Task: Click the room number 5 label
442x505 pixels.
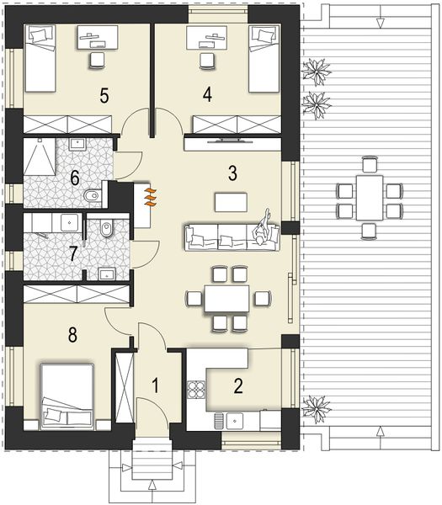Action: coord(104,95)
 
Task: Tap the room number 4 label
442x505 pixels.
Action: coord(207,94)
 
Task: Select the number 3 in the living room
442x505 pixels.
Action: coord(232,173)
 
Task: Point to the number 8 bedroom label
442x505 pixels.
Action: coord(72,335)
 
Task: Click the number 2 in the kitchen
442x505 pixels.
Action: coord(238,386)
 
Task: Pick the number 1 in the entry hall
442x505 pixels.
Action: coord(156,385)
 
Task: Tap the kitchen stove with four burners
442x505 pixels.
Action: coord(196,389)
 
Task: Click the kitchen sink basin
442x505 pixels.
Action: coord(235,421)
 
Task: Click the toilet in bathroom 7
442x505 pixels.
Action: coord(106,228)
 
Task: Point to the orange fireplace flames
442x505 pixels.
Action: coord(151,197)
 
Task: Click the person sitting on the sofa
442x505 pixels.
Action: coord(262,228)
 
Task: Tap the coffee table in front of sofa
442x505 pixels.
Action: coord(231,202)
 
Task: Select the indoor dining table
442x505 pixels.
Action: coord(226,298)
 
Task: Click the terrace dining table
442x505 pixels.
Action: coord(370,198)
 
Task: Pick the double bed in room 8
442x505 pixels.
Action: coord(67,396)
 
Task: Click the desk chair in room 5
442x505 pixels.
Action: coord(97,61)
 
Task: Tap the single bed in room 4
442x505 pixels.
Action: coord(264,58)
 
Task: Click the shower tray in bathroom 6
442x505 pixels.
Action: coord(40,157)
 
